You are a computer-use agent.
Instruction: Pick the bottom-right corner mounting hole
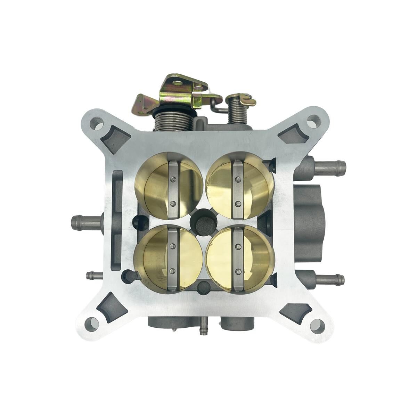pyautogui.click(x=318, y=325)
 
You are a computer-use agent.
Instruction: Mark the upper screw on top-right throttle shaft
pyautogui.click(x=237, y=180)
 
